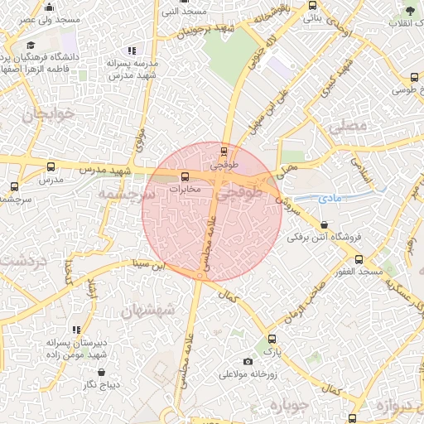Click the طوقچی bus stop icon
224,151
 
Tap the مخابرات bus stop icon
184,176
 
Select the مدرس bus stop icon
51,166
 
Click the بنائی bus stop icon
311,4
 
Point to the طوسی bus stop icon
414,77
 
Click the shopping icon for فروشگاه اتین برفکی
323,224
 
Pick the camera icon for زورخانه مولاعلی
248,361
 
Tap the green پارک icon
272,339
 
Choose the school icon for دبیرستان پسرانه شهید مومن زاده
77,330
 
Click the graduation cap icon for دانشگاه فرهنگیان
31,46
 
